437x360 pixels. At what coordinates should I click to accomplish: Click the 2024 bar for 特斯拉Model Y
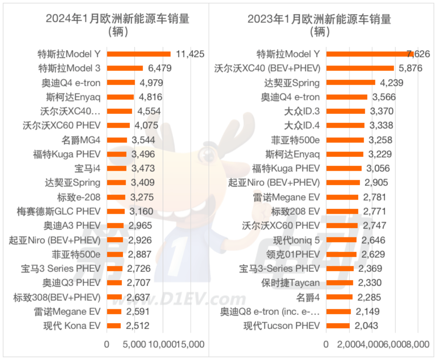pos(139,54)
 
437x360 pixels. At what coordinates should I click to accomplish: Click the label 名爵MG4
pos(81,140)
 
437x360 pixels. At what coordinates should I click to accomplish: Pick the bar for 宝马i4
pos(117,168)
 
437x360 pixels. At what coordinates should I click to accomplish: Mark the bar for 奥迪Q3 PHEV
pos(114,283)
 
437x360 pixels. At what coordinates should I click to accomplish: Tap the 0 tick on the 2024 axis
pos(107,345)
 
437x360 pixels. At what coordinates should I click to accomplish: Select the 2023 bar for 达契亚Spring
pos(351,83)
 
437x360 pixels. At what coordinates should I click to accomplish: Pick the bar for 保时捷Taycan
pos(340,283)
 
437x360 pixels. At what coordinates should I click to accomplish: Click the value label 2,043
pos(366,326)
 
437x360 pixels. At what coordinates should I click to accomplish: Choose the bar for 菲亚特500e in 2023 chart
pos(345,140)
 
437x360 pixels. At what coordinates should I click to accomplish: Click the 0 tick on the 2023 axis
pos(326,345)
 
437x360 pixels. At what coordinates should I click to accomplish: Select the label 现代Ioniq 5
pos(296,240)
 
